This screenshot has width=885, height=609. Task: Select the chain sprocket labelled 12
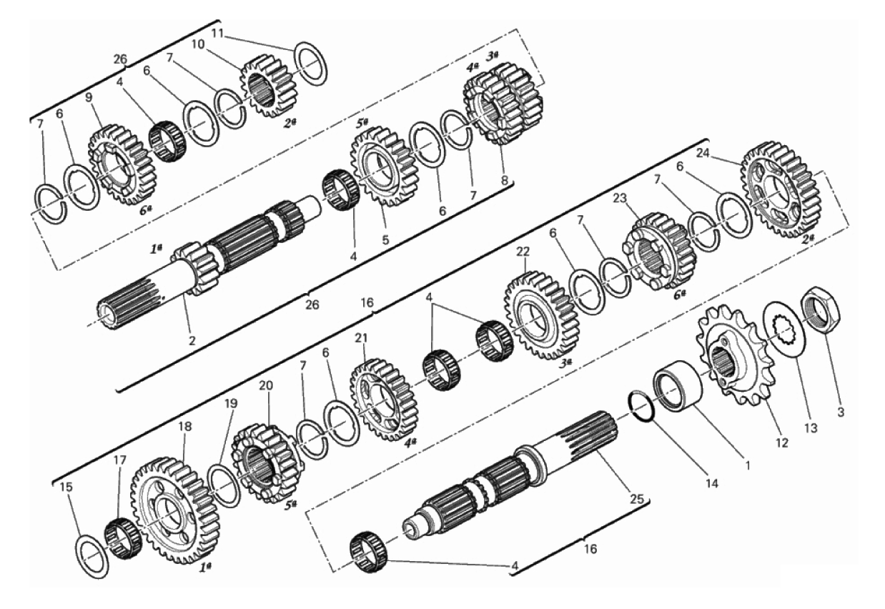point(736,360)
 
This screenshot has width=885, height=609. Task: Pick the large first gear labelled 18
point(174,510)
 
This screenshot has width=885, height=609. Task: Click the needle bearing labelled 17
point(123,538)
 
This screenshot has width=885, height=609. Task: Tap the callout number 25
point(637,499)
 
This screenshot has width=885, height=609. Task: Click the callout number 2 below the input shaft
point(192,341)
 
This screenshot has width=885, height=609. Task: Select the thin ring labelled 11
point(312,64)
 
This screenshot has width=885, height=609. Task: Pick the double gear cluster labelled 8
point(503,104)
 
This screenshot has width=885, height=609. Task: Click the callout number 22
point(523,252)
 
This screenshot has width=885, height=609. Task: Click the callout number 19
point(231,403)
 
